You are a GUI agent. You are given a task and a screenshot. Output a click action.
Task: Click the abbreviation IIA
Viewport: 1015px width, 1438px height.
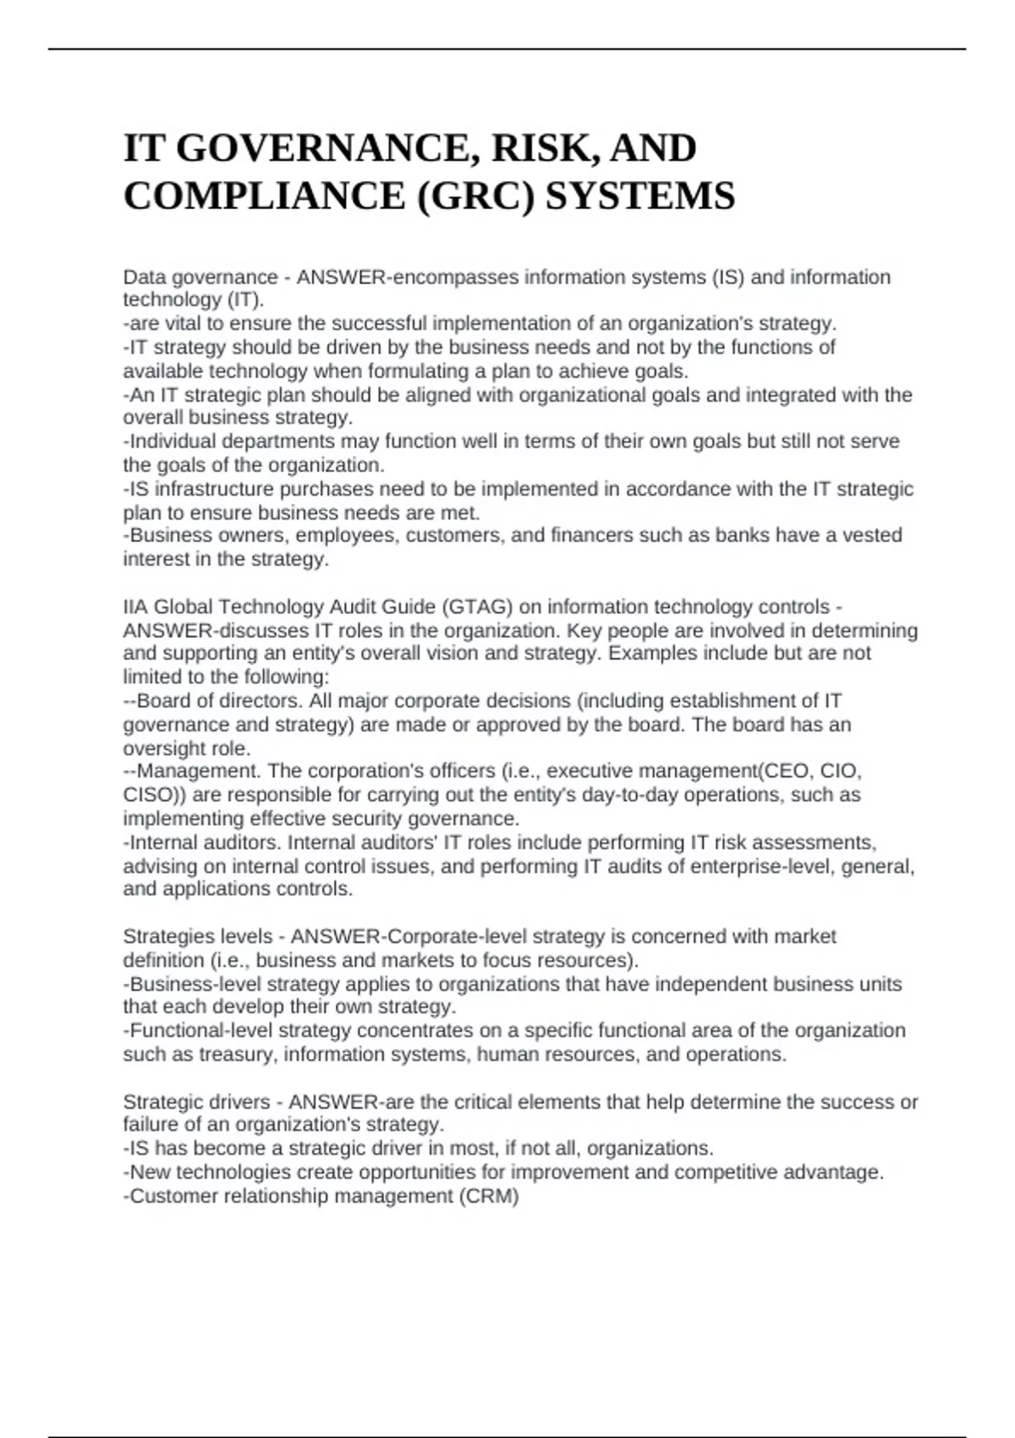[135, 607]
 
